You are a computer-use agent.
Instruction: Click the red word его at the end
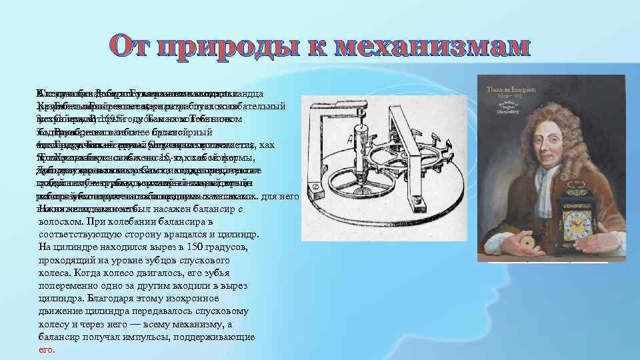[x=46, y=349]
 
